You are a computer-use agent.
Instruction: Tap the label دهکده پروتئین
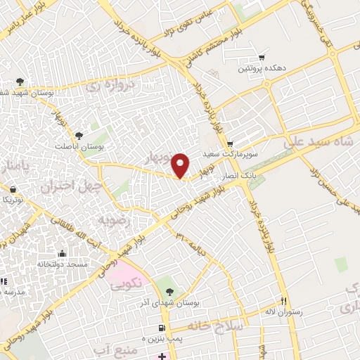tap(262, 69)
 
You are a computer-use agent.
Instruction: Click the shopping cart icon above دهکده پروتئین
tap(262, 57)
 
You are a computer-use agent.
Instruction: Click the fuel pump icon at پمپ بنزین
tap(162, 328)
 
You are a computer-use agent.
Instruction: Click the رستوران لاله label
tap(283, 311)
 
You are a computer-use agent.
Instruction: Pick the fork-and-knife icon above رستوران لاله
tap(284, 299)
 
